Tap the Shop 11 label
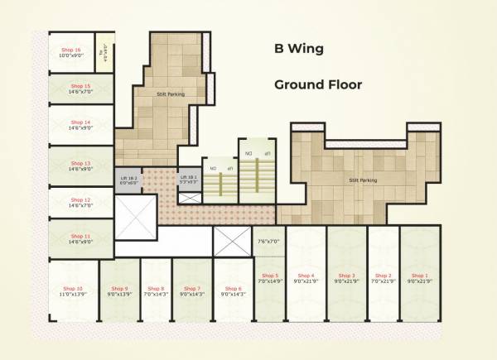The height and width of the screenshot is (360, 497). [80, 236]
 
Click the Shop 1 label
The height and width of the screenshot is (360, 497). [421, 275]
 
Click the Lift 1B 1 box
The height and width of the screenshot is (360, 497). [189, 177]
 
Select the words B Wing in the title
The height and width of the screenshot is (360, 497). [299, 49]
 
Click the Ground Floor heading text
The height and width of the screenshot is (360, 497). [318, 84]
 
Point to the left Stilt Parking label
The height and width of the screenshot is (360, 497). [171, 94]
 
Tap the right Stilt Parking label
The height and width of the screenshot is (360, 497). [363, 180]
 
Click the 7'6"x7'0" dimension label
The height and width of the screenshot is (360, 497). [269, 242]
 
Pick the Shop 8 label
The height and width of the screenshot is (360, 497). [155, 288]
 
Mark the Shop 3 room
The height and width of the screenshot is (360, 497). [347, 290]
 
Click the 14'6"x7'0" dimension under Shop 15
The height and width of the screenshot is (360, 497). [80, 92]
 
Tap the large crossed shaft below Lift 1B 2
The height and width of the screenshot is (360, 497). [133, 220]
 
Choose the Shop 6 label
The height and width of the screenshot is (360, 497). [233, 288]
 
